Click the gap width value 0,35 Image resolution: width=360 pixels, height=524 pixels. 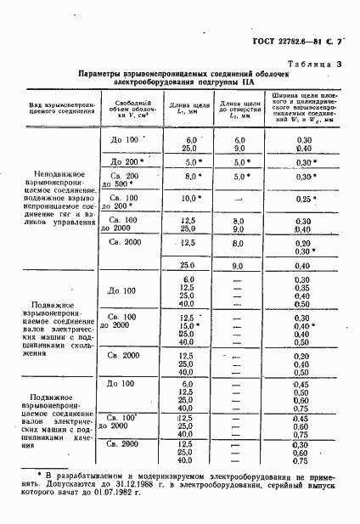pyautogui.click(x=300, y=287)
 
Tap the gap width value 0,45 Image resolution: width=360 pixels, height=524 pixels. pyautogui.click(x=300, y=383)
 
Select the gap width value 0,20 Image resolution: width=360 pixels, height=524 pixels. pyautogui.click(x=300, y=242)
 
